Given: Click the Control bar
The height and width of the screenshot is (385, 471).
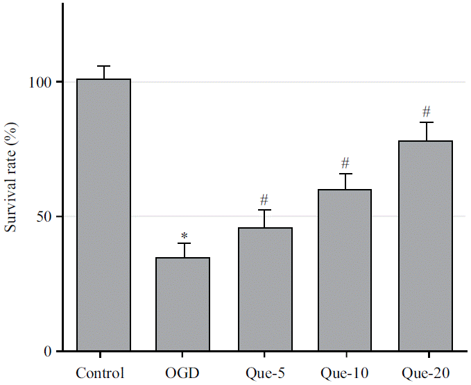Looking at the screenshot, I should point(103,215).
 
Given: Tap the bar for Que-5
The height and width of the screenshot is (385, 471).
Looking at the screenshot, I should point(264,289).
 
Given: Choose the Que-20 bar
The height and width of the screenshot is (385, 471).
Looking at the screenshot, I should point(425,246).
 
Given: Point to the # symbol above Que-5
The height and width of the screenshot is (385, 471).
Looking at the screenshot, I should point(264,200).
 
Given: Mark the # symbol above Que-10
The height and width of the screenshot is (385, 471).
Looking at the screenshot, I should point(345,163).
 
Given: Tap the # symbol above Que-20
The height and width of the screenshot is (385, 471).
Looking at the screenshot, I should point(426,111).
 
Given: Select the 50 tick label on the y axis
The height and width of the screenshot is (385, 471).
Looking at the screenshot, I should point(45,217).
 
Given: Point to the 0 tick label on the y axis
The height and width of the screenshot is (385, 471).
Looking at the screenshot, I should point(49,352).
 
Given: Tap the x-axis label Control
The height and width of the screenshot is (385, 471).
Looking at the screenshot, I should point(103,372).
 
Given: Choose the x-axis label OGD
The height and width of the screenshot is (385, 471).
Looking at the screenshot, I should point(183,372).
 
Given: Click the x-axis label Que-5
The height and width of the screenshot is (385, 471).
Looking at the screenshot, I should point(264,372).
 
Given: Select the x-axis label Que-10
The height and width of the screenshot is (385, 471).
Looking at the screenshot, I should point(345,372).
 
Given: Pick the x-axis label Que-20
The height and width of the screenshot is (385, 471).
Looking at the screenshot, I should point(425,372).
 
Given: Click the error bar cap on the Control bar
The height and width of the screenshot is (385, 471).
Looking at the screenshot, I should point(103,66).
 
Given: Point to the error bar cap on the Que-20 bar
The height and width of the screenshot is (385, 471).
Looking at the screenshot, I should point(425,122).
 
